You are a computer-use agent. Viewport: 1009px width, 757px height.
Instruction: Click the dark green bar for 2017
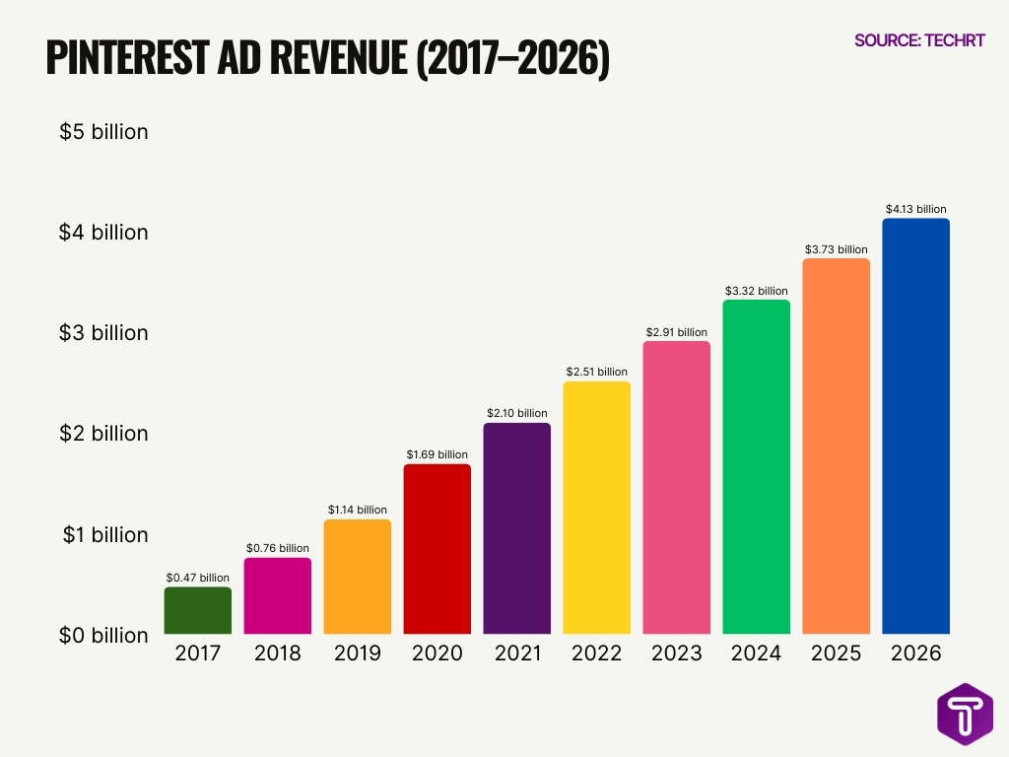tap(197, 611)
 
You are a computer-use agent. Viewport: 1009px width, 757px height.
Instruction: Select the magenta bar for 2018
tap(277, 596)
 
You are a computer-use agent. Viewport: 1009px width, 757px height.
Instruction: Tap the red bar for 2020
tap(437, 549)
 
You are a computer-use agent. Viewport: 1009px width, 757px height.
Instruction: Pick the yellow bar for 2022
tap(596, 508)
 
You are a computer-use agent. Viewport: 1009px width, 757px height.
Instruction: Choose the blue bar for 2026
tap(915, 426)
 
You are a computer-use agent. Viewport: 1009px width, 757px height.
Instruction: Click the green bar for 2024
tap(756, 466)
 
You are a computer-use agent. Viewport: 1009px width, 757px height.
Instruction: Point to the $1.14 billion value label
tap(357, 510)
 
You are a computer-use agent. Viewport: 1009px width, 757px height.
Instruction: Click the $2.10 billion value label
tap(516, 413)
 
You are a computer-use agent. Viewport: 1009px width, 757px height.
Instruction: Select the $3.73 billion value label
tap(836, 249)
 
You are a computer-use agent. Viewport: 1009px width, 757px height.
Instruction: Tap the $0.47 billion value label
tap(197, 578)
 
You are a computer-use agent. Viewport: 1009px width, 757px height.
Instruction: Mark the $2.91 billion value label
tap(676, 332)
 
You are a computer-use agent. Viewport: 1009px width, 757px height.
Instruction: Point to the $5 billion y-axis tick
tap(103, 131)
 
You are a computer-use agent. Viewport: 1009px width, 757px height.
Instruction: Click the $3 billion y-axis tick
tap(103, 333)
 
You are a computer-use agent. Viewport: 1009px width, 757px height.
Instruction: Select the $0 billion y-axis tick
tap(103, 635)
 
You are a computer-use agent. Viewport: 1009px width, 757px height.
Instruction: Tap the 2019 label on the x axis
tap(357, 654)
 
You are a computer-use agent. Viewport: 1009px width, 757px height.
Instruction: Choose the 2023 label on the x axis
tap(676, 654)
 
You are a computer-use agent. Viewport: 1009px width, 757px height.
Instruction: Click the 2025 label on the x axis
tap(836, 654)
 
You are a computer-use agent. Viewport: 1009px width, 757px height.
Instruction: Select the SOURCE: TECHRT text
tap(919, 40)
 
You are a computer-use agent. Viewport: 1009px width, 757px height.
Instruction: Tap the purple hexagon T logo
tap(965, 713)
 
